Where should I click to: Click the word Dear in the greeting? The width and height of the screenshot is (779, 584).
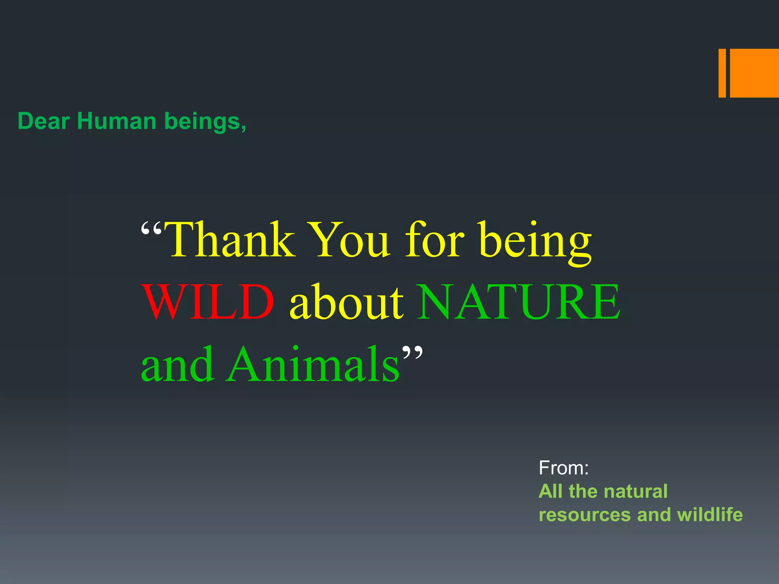[x=43, y=121]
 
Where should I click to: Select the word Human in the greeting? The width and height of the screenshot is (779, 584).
[x=116, y=121]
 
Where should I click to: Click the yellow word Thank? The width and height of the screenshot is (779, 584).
[x=230, y=240]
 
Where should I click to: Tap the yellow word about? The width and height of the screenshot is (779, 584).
[x=346, y=302]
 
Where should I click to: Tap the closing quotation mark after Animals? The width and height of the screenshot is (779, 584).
[x=412, y=352]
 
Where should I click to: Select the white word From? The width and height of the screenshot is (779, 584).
[x=563, y=468]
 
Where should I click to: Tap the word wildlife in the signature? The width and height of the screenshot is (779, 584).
[x=710, y=514]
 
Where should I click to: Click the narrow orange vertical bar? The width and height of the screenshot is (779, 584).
[x=722, y=73]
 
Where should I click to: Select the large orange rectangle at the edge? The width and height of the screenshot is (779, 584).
[x=754, y=73]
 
